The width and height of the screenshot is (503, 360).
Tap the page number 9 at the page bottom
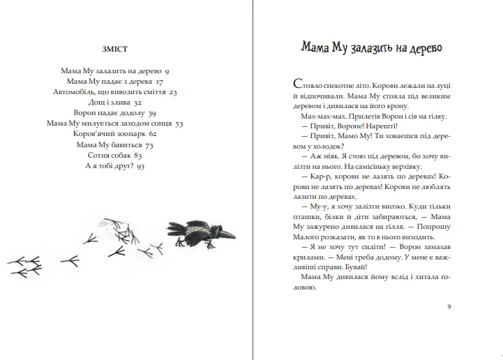pos(449,306)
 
